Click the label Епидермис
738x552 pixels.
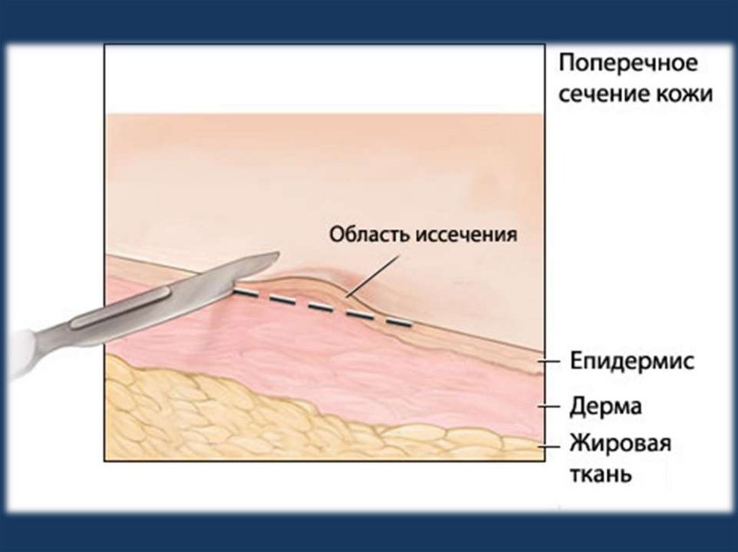pos(633,361)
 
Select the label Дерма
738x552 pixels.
pos(606,407)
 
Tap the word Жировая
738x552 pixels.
pos(621,443)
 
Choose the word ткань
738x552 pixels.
pos(602,474)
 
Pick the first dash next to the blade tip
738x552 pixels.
pos(245,294)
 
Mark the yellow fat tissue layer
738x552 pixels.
pos(216,417)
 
